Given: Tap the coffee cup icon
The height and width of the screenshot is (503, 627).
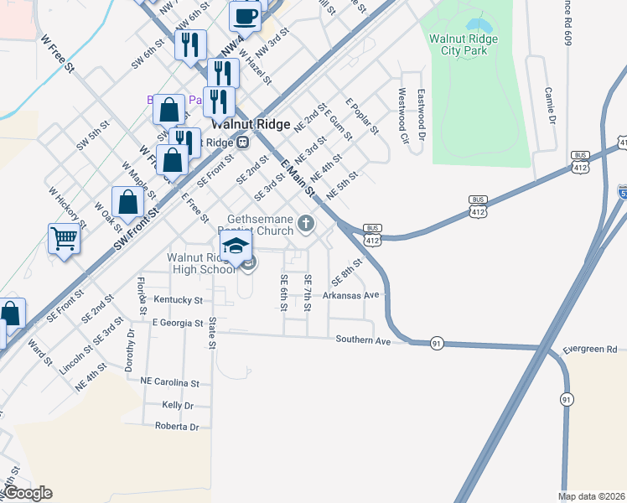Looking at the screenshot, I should (x=246, y=15).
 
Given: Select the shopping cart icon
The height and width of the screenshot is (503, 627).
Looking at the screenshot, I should (x=64, y=239).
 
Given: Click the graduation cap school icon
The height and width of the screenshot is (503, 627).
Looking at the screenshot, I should (x=236, y=246).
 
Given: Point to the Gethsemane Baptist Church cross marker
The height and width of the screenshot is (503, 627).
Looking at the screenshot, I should (x=307, y=223).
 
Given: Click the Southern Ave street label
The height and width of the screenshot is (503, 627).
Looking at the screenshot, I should (x=364, y=340).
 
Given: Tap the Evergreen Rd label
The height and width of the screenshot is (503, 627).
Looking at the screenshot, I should (x=590, y=349).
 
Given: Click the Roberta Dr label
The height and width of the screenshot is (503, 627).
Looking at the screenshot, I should (x=177, y=426).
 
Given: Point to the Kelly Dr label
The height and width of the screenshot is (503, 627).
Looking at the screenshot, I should (x=178, y=405).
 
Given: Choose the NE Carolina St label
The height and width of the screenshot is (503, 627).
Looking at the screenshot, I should (x=170, y=382).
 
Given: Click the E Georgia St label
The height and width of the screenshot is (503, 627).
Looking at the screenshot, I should (x=177, y=322).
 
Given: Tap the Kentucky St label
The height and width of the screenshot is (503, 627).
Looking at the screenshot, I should (x=178, y=299).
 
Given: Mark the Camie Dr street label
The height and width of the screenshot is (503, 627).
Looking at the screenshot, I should (x=550, y=106).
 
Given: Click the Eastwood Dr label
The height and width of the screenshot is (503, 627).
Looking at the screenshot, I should (x=422, y=114).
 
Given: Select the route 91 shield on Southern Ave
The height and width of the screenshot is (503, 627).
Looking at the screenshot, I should (x=437, y=344).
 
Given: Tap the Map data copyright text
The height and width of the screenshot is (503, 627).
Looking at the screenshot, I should (x=592, y=496).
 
